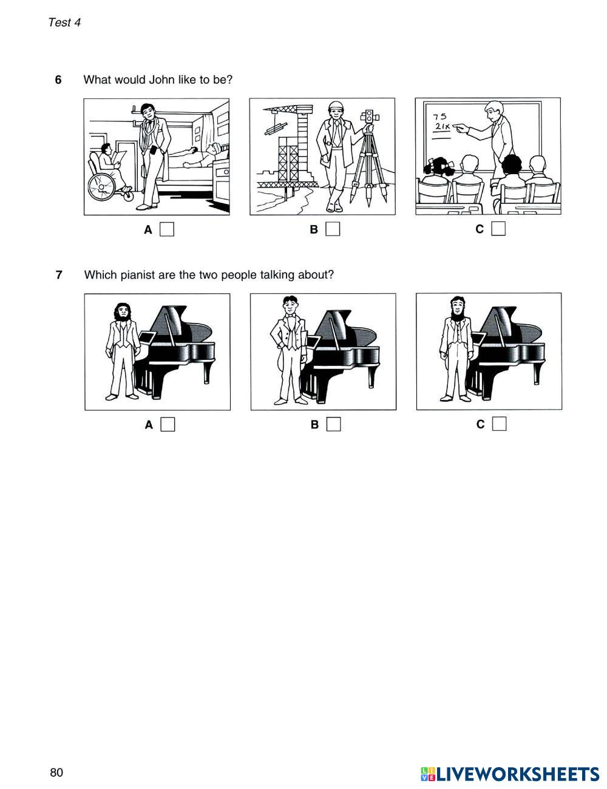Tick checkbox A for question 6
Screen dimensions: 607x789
(x=167, y=229)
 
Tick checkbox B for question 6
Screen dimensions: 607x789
(x=333, y=229)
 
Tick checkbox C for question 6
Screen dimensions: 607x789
(x=498, y=228)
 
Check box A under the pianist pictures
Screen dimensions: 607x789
(x=168, y=424)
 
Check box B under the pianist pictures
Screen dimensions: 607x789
(x=333, y=424)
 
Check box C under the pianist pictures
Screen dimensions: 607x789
(x=499, y=424)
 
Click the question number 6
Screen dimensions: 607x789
(x=58, y=80)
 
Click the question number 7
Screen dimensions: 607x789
(x=59, y=275)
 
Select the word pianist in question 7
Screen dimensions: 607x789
(x=137, y=275)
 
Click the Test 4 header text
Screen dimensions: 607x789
(x=64, y=22)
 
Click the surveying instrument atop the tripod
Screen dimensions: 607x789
(x=370, y=117)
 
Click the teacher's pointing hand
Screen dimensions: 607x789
(x=459, y=127)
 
